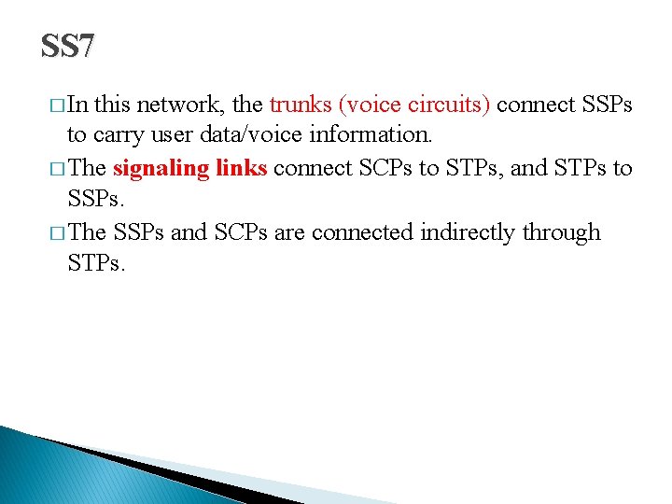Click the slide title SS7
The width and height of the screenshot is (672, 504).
pos(67,47)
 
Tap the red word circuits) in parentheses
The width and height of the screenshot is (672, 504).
pos(451,105)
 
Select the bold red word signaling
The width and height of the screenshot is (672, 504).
pos(161,169)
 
